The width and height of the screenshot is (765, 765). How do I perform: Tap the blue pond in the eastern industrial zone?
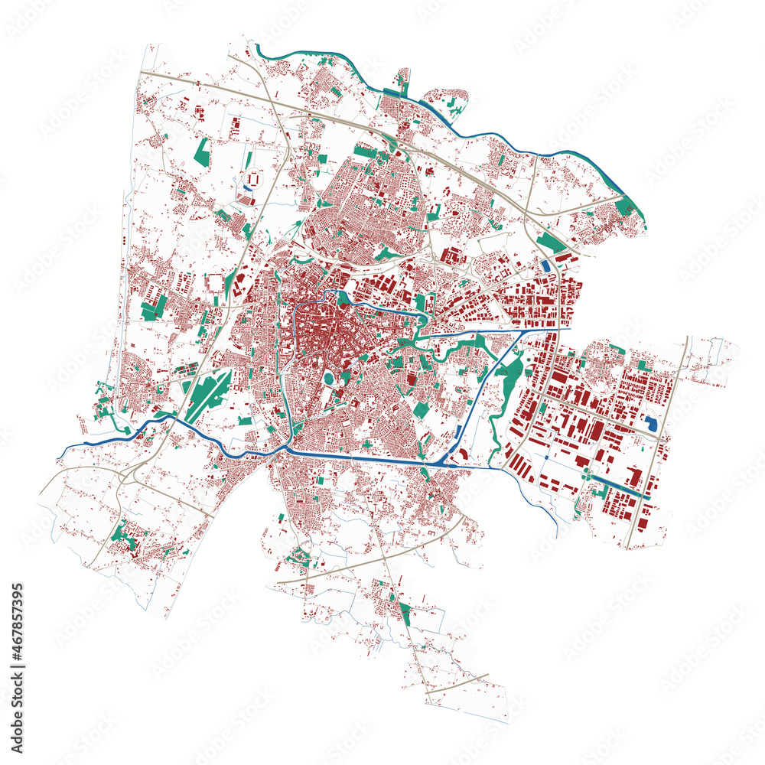pos(651,423)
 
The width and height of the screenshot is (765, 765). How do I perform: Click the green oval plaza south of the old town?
pos(329,379)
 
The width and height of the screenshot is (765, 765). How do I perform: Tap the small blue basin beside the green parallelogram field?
pos(545,265)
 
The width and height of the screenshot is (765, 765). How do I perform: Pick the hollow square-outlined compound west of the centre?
pos(216,284)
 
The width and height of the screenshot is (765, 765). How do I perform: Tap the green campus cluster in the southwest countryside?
pos(124,535)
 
